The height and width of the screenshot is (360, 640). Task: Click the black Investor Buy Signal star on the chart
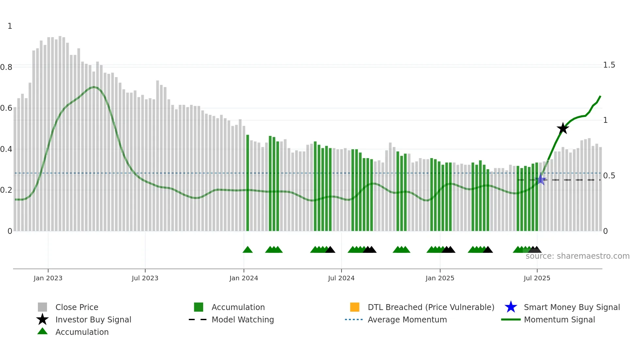[563, 128]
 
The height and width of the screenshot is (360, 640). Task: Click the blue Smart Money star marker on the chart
[541, 180]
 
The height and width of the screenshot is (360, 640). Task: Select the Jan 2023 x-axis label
[48, 278]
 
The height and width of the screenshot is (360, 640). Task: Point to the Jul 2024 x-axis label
[341, 278]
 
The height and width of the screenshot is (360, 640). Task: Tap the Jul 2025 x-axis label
[537, 278]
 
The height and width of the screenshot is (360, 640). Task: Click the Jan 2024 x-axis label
[244, 278]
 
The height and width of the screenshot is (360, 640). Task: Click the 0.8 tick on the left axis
[6, 67]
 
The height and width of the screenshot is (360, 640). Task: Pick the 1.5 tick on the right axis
[609, 65]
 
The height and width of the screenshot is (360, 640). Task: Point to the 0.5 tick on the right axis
[609, 176]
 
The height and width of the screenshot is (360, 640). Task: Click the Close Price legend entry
[77, 307]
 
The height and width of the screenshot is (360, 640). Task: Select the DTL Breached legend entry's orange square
[355, 307]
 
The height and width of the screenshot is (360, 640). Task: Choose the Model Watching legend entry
[243, 319]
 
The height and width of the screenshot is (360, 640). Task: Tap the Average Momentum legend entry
[407, 319]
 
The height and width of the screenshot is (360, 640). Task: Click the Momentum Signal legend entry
[559, 319]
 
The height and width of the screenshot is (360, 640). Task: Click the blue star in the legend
[511, 307]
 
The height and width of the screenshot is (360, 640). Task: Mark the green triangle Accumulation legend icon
[42, 332]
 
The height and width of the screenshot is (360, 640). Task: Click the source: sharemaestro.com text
[577, 256]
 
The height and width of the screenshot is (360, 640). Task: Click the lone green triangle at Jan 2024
[248, 250]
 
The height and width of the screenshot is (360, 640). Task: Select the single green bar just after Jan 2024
[248, 183]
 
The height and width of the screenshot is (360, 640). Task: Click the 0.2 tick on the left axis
[6, 190]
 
